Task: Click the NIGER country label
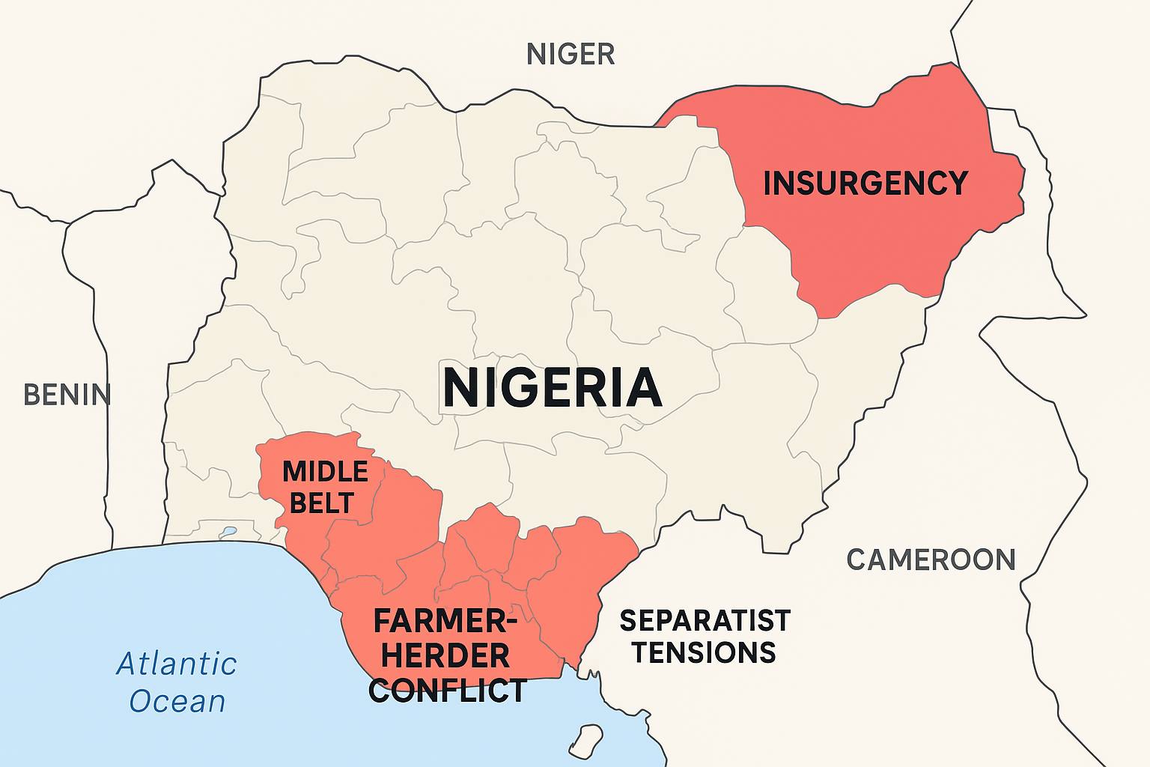pos(571,54)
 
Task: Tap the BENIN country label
pos(67,394)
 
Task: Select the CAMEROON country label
pos(931,560)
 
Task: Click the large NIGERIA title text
pos(553,388)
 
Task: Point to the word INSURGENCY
pos(865,184)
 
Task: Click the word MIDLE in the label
pos(325,472)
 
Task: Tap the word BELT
pos(321,503)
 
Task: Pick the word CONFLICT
pos(448,690)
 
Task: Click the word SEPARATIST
pos(705,620)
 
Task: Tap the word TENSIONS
pos(704,652)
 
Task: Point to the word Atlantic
pos(177,664)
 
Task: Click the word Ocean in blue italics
pos(177,702)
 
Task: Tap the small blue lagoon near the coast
pos(228,533)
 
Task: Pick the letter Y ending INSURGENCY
pos(958,184)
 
